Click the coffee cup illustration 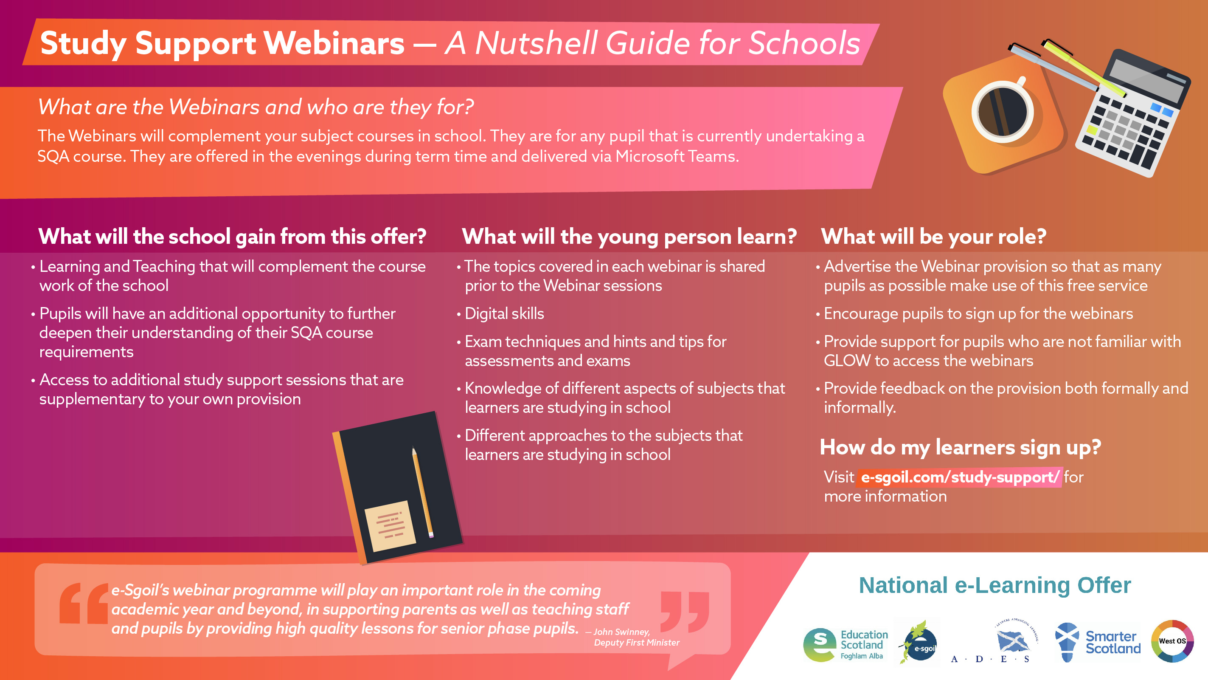point(1003,112)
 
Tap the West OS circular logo point(1172,641)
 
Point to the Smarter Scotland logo point(1098,642)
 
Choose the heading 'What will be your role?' point(934,236)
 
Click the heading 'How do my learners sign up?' point(960,447)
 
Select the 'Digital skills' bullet point(504,313)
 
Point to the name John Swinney point(622,632)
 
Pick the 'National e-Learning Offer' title point(994,585)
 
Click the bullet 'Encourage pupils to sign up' point(978,313)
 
